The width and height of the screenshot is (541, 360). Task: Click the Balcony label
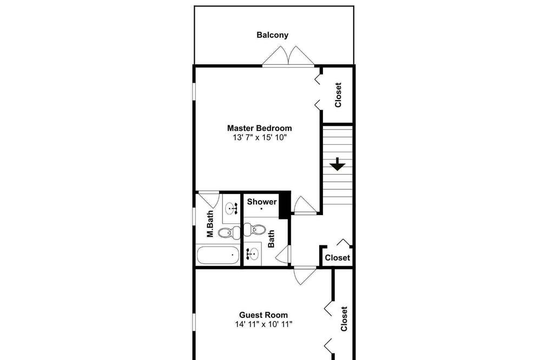pos(272,35)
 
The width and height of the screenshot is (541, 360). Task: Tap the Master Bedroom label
pos(260,128)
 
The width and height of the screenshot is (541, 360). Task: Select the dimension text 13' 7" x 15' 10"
pos(260,138)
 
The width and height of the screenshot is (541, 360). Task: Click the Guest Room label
pos(263,315)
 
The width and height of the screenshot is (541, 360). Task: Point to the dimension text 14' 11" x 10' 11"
pos(263,324)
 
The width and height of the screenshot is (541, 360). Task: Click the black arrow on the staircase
pos(337,164)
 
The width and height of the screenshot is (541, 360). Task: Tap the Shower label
pos(261,202)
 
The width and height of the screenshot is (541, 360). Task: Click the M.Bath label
pos(210,224)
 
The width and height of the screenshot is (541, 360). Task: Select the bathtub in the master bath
pos(217,255)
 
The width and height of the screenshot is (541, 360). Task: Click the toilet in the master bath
pos(229,232)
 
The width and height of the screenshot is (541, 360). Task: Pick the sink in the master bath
pos(231,209)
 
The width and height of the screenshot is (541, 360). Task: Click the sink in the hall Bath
pos(253,254)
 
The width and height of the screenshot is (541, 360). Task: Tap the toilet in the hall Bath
pos(255,229)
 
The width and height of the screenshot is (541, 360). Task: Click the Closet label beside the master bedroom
pos(338,95)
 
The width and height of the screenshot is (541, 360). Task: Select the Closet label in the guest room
pos(344,319)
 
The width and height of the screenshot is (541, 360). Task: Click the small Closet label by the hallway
pos(337,258)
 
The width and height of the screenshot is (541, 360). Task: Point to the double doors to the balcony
pos(288,56)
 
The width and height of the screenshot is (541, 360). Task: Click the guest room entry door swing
pos(305,276)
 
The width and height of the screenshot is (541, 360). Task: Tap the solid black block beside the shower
pos(285,205)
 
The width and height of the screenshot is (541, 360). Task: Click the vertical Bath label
pos(271,239)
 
